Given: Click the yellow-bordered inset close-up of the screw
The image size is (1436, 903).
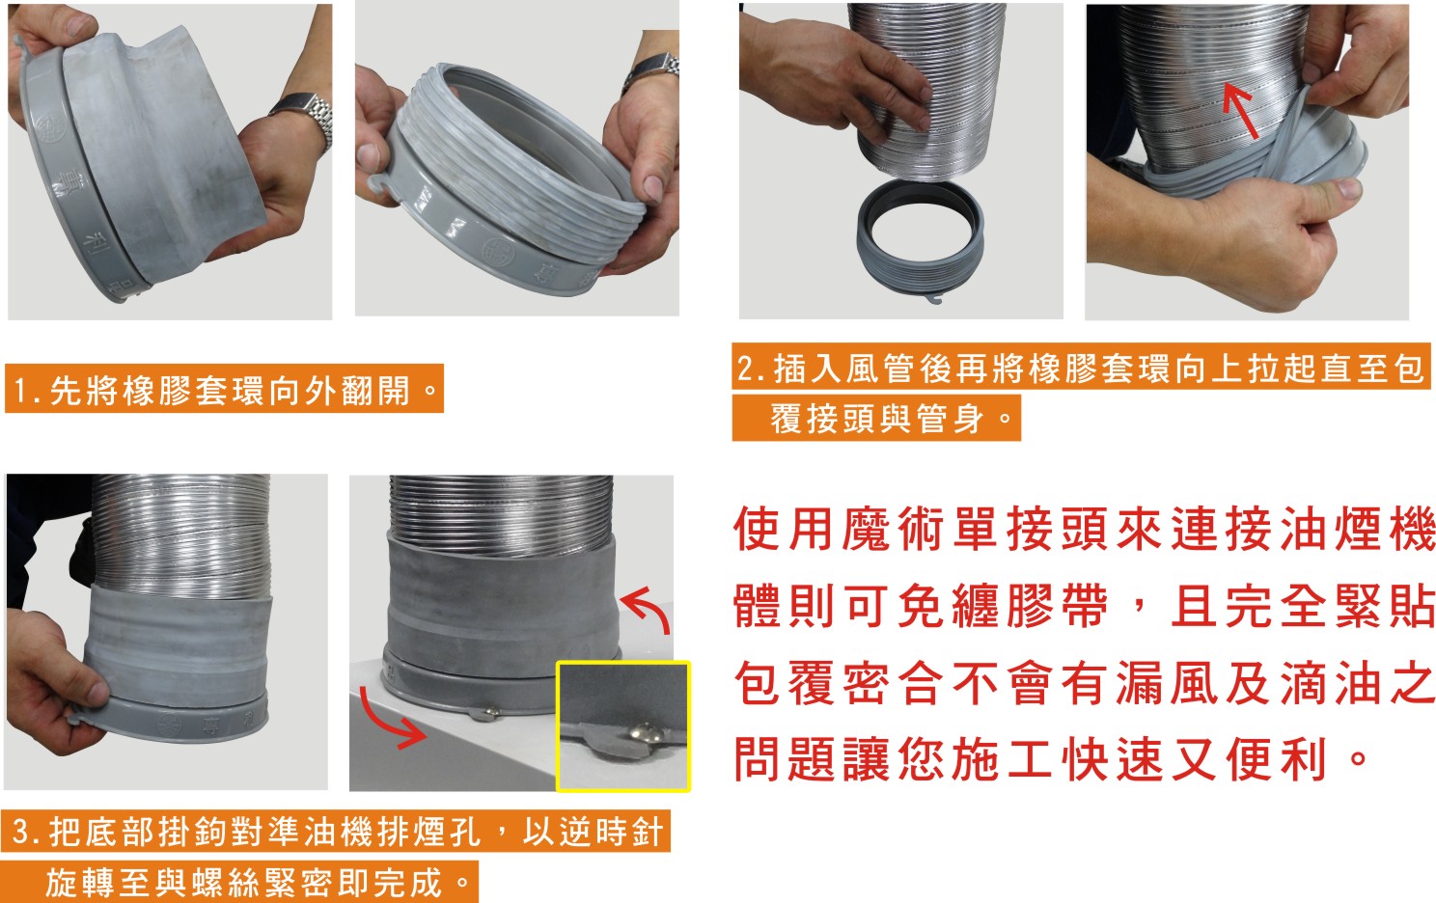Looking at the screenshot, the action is pyautogui.click(x=623, y=726).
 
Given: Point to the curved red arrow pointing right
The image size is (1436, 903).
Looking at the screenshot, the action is pyautogui.click(x=391, y=719).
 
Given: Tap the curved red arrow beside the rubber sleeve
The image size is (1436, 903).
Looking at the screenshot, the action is pyautogui.click(x=647, y=609).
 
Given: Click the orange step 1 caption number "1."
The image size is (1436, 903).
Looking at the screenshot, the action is pyautogui.click(x=26, y=390).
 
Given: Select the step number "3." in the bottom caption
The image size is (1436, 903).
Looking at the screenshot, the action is pyautogui.click(x=27, y=832).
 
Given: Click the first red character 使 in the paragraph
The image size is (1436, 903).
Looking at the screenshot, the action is pyautogui.click(x=758, y=530).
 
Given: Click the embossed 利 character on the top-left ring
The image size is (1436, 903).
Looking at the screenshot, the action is pyautogui.click(x=99, y=243).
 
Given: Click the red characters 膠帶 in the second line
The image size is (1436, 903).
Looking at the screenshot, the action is pyautogui.click(x=1058, y=606).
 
